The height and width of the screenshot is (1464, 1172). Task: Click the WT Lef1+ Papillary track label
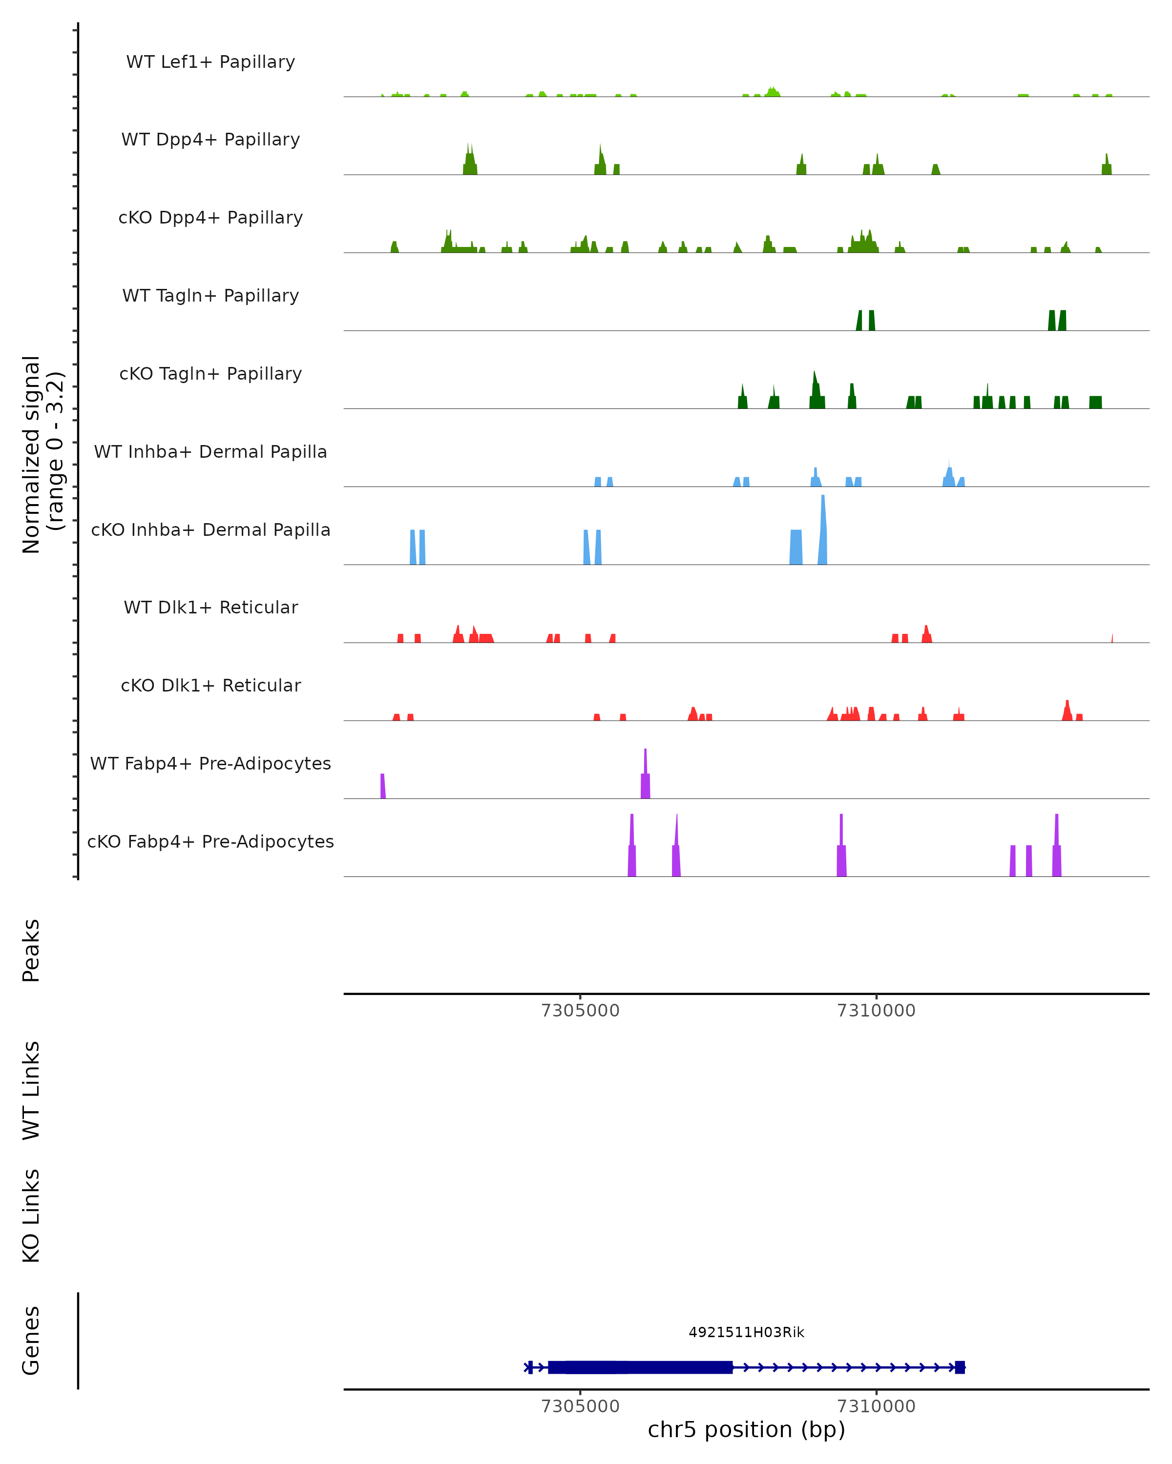click(210, 62)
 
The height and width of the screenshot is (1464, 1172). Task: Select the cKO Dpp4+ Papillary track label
click(210, 218)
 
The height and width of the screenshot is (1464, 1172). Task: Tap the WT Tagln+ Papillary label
click(210, 296)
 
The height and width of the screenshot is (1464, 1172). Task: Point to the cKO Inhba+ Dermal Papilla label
click(210, 530)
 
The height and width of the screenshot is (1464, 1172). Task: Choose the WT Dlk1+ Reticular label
click(210, 608)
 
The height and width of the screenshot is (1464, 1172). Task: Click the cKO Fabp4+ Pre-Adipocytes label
click(210, 842)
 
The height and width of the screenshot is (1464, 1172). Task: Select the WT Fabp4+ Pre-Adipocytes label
click(210, 764)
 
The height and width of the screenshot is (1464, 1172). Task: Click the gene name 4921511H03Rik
click(746, 1332)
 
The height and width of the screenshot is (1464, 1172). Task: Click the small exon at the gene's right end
click(960, 1367)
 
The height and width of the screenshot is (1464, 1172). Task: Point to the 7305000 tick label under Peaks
click(580, 1011)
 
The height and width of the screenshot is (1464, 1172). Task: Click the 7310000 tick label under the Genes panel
click(876, 1405)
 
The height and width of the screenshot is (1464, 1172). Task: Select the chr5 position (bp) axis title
click(746, 1429)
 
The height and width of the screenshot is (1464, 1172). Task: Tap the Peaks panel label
click(31, 950)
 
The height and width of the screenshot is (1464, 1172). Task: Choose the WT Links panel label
click(31, 1090)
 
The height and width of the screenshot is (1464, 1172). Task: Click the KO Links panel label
click(31, 1216)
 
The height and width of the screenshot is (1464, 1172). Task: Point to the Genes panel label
click(31, 1341)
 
